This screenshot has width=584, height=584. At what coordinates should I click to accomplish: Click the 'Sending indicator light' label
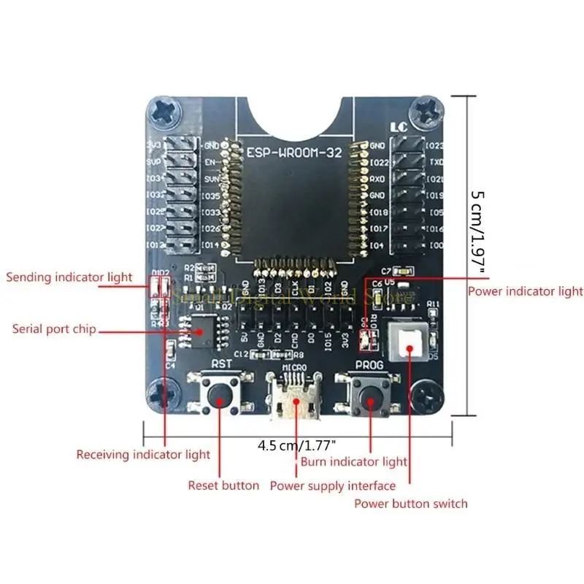tap(69, 277)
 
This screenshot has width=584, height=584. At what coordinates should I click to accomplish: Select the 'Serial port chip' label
tap(54, 329)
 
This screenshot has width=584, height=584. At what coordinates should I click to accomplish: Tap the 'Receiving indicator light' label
tap(143, 455)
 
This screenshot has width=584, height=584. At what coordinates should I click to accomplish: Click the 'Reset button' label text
tap(223, 485)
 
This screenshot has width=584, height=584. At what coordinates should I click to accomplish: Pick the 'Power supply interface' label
tap(333, 485)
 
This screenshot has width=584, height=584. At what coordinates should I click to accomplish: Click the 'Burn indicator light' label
tap(354, 461)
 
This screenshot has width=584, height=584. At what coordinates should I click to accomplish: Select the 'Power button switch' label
tap(411, 503)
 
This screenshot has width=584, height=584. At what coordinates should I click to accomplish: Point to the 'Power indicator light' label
tap(526, 291)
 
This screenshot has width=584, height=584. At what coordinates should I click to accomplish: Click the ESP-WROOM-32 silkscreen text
tap(292, 153)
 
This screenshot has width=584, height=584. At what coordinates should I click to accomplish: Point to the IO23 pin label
tap(433, 145)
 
